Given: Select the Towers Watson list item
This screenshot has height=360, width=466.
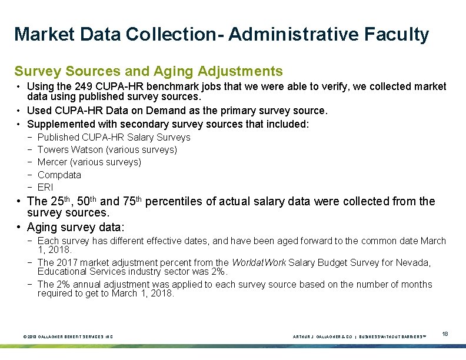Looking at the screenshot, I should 107,149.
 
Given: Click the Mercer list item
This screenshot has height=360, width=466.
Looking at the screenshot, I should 89,162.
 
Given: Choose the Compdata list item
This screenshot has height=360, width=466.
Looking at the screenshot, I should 59,175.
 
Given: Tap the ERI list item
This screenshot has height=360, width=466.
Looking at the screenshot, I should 45,187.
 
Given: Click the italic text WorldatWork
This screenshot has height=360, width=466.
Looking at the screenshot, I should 259,262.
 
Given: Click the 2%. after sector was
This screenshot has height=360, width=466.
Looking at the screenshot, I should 219,271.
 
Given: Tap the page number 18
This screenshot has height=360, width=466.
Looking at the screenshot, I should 445,334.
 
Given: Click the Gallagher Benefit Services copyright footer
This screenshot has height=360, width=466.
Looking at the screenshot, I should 68,337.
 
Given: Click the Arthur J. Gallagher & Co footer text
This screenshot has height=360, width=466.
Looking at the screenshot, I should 322,337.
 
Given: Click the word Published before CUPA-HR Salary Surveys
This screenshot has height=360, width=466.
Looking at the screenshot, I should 58,137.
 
